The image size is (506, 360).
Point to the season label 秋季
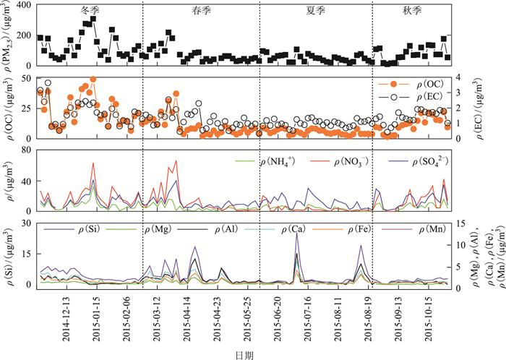411,12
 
